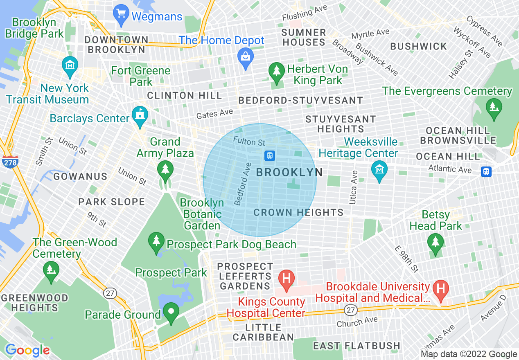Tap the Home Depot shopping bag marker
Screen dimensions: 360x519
pyautogui.click(x=245, y=59)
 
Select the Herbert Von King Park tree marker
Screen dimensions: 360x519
pyautogui.click(x=276, y=73)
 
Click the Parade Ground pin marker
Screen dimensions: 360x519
pyautogui.click(x=171, y=313)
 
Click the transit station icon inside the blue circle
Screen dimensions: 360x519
pyautogui.click(x=270, y=155)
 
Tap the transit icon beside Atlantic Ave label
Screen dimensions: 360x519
pyautogui.click(x=486, y=171)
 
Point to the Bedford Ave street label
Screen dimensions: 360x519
pyautogui.click(x=242, y=184)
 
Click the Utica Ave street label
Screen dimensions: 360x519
pyautogui.click(x=353, y=187)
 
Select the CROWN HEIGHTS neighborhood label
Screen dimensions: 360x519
pyautogui.click(x=298, y=212)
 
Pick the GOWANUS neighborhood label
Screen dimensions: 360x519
pyautogui.click(x=80, y=177)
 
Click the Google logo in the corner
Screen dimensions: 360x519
pyautogui.click(x=27, y=350)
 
